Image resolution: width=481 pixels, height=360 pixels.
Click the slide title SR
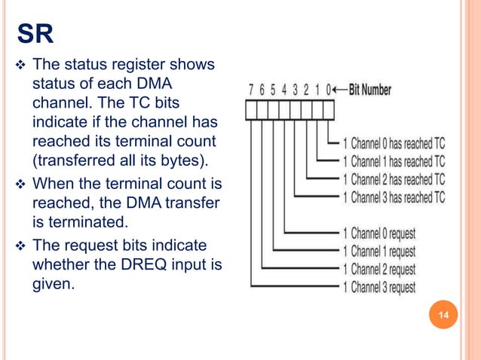pyautogui.click(x=35, y=34)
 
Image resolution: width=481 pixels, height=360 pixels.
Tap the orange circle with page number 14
pyautogui.click(x=443, y=316)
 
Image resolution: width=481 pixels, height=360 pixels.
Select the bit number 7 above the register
pyautogui.click(x=252, y=90)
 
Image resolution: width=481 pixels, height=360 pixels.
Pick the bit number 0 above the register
pyautogui.click(x=328, y=90)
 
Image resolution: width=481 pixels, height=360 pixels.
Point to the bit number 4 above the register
pyautogui.click(x=284, y=90)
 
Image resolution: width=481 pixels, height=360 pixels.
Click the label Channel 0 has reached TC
pyautogui.click(x=394, y=143)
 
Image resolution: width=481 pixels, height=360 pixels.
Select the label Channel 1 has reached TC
pyautogui.click(x=394, y=161)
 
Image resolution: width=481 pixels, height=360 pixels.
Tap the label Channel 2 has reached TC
pyautogui.click(x=394, y=179)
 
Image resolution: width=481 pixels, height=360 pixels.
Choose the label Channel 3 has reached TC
pyautogui.click(x=394, y=197)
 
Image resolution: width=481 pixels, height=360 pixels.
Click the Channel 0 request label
pyautogui.click(x=379, y=233)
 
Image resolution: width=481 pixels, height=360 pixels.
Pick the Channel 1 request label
pyautogui.click(x=379, y=251)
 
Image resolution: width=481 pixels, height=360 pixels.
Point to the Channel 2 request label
pyautogui.click(x=379, y=269)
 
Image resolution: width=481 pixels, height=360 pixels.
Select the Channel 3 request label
pyautogui.click(x=379, y=287)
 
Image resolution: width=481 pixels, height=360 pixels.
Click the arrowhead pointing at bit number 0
pyautogui.click(x=337, y=89)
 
